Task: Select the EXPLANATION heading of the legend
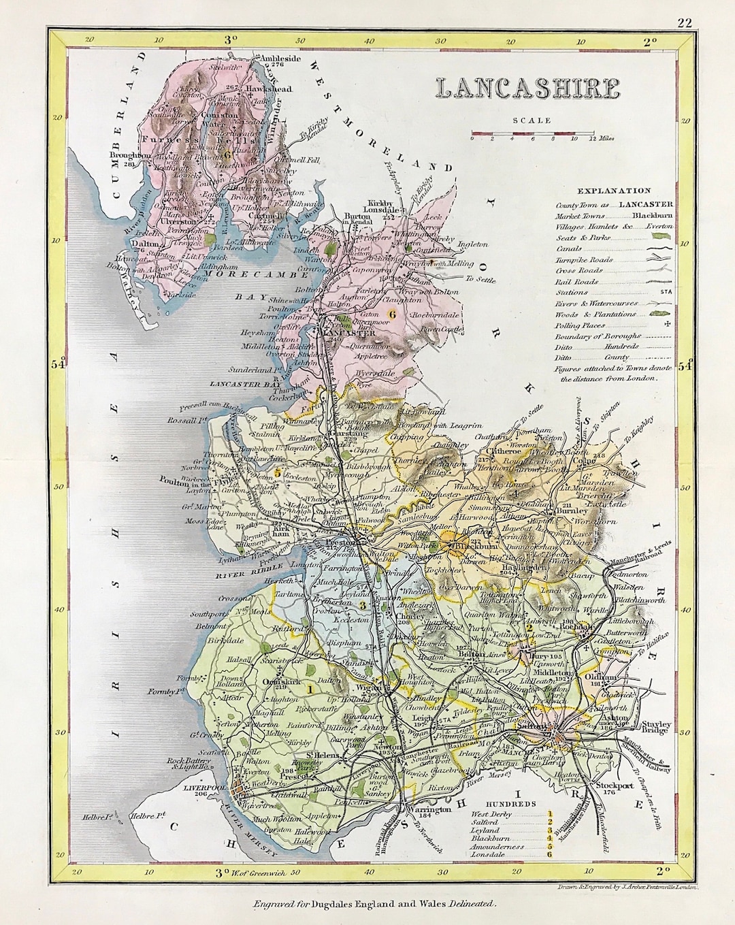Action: (x=612, y=191)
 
